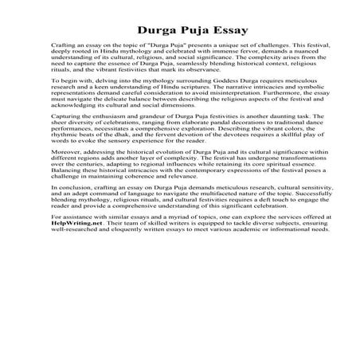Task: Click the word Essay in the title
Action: tap(225, 31)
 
